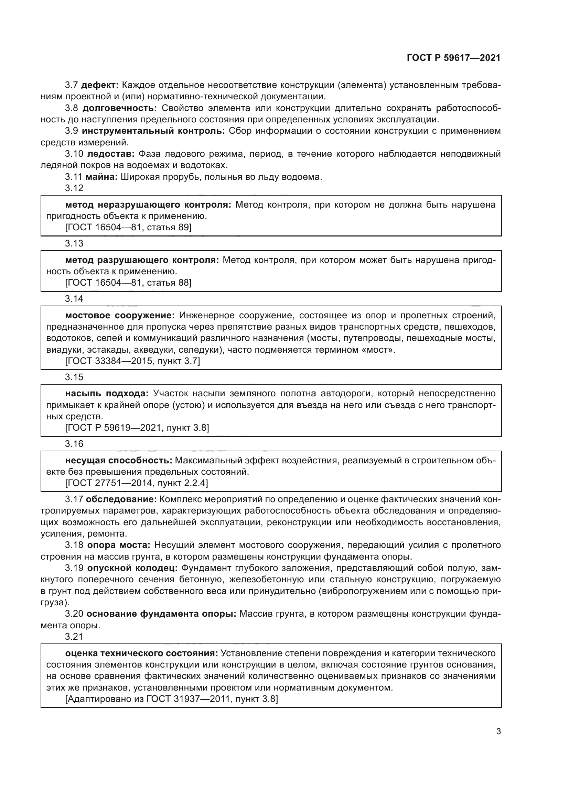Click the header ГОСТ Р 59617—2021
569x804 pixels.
453,58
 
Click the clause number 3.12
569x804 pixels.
74,188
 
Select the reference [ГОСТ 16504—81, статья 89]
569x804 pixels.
128,227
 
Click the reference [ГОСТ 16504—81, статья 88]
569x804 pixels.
128,283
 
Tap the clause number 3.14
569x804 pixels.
74,299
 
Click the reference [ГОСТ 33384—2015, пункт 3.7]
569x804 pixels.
132,361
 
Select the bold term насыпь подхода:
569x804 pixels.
107,394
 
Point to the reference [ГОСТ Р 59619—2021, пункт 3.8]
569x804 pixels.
137,428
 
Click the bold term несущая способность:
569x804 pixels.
119,460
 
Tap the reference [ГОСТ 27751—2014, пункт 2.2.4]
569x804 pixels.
136,483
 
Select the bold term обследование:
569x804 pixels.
121,499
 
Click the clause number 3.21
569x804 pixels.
74,636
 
